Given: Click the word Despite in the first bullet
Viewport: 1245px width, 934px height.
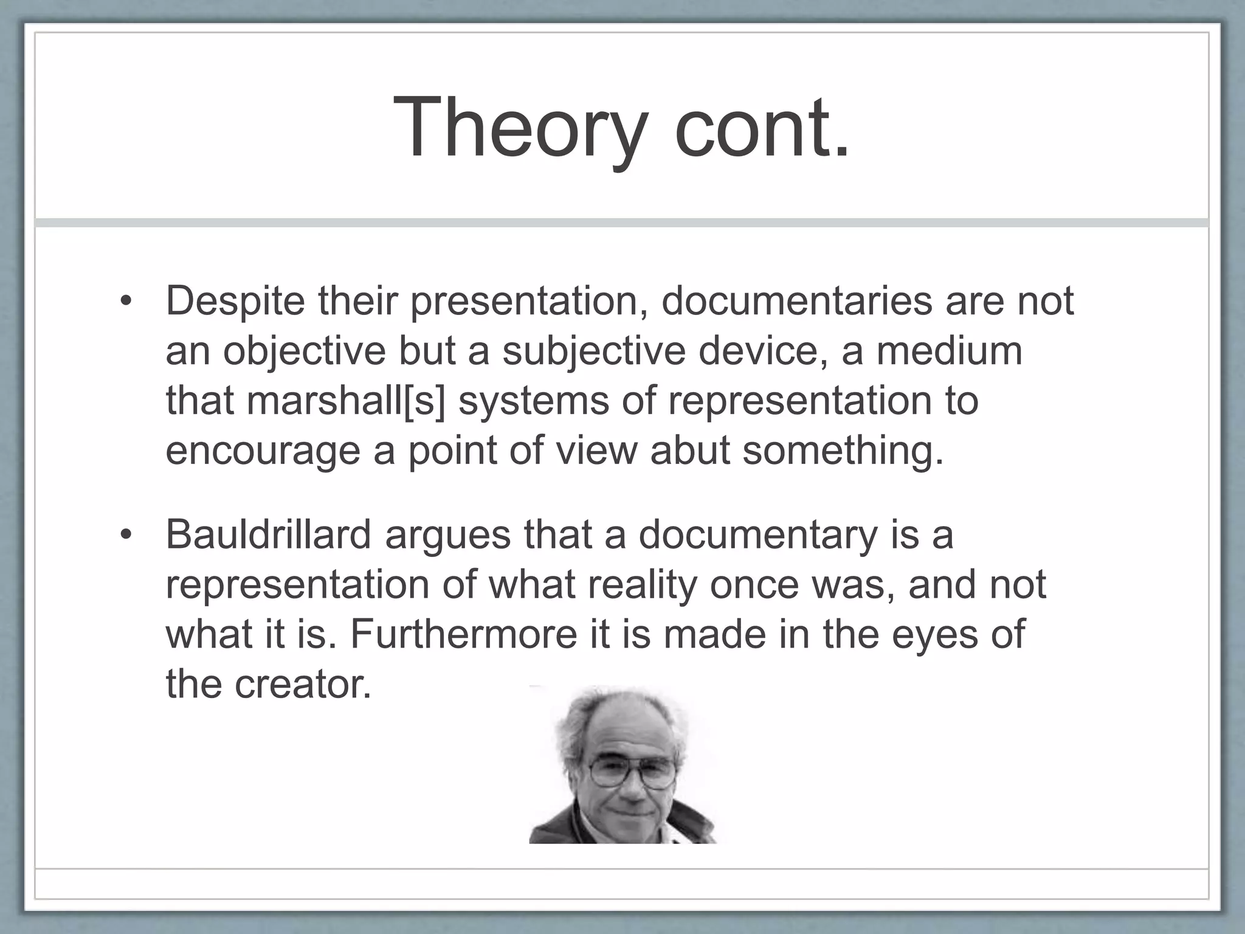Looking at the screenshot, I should (x=235, y=302).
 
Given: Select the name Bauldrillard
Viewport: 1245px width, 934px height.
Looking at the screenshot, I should (x=268, y=535).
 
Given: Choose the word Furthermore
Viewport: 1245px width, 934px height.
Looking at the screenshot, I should (x=463, y=635).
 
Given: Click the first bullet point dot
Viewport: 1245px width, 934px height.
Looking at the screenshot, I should (x=125, y=302).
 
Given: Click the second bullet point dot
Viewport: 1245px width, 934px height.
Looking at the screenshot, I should (x=125, y=536).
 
